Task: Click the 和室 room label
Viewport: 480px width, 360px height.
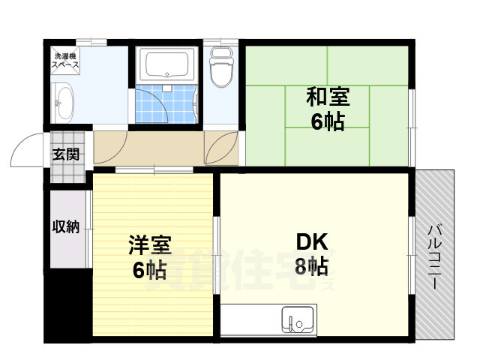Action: pos(327,97)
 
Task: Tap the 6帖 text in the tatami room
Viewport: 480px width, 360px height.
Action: pos(327,121)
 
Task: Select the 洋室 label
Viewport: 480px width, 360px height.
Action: pos(149,245)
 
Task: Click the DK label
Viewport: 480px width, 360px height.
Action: pos(312,241)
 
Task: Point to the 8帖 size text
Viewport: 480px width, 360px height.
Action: pos(311,265)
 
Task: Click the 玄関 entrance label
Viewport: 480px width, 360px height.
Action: pos(65,155)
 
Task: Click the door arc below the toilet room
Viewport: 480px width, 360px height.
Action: pos(222,145)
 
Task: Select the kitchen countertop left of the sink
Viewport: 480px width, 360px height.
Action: pos(250,321)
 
